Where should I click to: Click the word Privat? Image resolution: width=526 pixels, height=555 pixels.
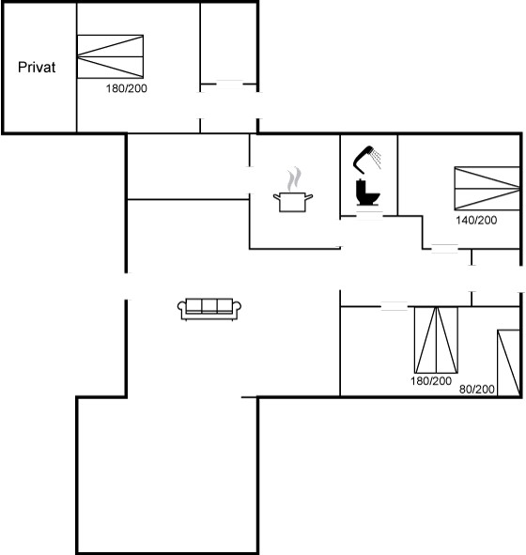click(37, 68)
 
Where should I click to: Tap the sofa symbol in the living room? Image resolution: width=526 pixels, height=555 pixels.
click(209, 309)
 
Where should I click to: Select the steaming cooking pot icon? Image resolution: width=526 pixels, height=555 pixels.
click(293, 190)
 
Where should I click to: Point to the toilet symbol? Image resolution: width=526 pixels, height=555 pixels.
click(368, 193)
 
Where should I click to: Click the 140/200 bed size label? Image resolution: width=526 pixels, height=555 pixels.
click(476, 220)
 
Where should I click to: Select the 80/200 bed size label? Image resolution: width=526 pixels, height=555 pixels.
click(477, 390)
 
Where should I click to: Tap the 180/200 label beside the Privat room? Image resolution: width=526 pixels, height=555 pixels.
click(127, 88)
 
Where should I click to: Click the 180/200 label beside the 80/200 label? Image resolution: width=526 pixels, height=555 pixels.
click(431, 381)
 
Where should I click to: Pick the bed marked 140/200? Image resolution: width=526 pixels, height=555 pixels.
click(487, 189)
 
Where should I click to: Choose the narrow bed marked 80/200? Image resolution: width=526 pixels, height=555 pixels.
click(509, 362)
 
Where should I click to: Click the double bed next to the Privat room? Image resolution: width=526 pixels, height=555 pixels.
click(110, 56)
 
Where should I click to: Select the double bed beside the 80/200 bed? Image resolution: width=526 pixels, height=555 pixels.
click(436, 340)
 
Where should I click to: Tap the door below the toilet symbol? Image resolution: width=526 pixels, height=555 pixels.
click(369, 216)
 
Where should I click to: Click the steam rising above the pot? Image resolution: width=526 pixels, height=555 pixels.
click(294, 179)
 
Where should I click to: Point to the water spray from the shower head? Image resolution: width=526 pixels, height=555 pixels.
click(378, 160)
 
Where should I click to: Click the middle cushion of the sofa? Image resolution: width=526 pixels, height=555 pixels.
click(209, 305)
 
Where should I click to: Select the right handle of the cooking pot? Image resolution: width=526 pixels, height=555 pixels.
click(309, 196)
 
